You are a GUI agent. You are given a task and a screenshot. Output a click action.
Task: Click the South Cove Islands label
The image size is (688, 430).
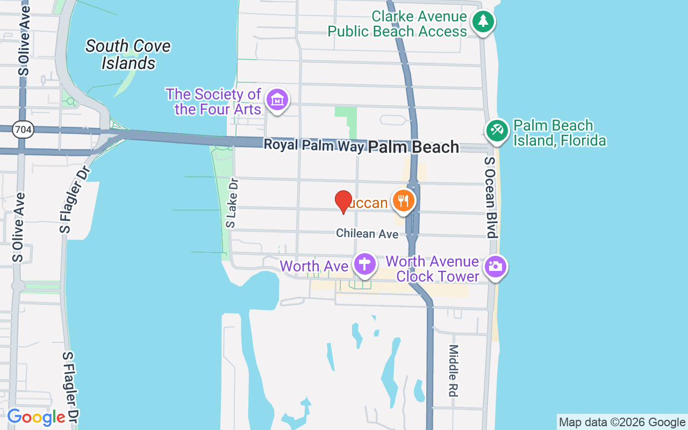click(x=128, y=54)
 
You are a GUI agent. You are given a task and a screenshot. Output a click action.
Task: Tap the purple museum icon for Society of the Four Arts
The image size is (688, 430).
click(x=278, y=99)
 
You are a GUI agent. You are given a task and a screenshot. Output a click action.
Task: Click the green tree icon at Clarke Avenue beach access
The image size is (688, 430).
click(x=483, y=22)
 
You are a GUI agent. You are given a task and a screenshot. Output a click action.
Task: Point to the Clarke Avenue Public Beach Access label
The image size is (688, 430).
click(x=397, y=24)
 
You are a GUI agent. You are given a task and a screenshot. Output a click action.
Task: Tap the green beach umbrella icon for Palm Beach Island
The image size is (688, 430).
click(x=497, y=131)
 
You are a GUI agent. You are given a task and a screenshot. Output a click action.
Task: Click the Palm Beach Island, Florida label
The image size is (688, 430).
click(x=559, y=133)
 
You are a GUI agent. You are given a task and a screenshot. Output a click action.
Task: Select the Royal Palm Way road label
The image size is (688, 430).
click(x=314, y=145)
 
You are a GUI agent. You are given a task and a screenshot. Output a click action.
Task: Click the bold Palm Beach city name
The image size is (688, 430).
click(x=413, y=147)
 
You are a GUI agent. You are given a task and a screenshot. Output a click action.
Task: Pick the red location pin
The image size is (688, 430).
click(x=343, y=202)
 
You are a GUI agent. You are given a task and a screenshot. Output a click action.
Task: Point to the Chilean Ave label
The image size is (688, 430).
click(x=367, y=234)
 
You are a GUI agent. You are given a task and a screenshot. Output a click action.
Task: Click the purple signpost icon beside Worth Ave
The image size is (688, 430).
click(x=364, y=264)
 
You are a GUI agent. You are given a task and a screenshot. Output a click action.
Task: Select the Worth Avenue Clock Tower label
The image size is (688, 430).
click(x=432, y=269)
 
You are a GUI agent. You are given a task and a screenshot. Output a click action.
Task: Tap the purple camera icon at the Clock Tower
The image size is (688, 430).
click(x=495, y=266)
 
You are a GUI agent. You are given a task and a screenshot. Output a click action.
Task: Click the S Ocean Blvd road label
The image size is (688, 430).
click(x=490, y=197)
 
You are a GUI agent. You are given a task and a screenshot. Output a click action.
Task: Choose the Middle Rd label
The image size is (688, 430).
click(x=453, y=371)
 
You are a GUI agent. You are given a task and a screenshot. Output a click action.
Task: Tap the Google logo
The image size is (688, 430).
click(x=36, y=417)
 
